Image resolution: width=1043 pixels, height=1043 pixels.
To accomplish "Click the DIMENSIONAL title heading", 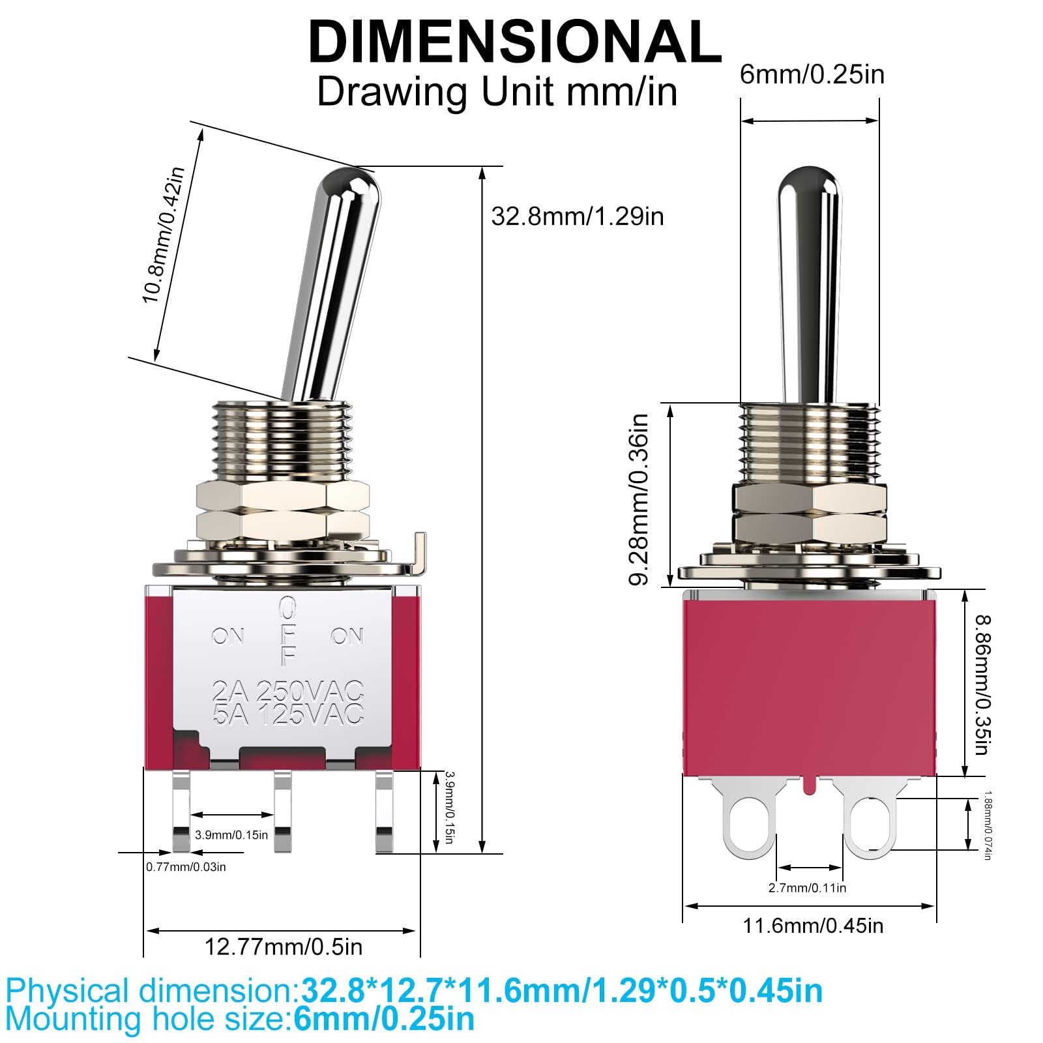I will tap(514, 42).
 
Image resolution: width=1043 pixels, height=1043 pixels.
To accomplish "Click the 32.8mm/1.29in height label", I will tap(577, 216).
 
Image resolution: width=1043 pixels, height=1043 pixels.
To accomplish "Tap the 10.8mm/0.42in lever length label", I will tap(164, 235).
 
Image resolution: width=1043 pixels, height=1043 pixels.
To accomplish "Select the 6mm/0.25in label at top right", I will tap(812, 74).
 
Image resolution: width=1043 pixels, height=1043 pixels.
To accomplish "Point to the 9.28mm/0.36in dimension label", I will tap(639, 499).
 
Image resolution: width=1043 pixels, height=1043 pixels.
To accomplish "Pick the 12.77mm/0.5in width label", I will tap(284, 947).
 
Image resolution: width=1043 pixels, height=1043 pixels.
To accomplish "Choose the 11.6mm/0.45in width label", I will tap(813, 925).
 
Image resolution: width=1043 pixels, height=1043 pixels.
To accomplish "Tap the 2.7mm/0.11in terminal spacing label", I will tap(807, 887).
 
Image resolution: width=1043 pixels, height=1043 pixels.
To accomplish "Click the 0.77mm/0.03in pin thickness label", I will tap(186, 867).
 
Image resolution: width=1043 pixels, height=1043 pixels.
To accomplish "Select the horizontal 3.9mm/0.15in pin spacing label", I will tap(231, 835).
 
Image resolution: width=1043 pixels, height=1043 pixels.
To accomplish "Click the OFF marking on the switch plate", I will tap(287, 632).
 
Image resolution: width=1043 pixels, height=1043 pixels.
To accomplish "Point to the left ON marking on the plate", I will tap(228, 636).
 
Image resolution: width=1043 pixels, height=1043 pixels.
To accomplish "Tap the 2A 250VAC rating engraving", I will tap(287, 690).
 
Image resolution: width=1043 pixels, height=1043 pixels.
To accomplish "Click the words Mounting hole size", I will tap(147, 1019).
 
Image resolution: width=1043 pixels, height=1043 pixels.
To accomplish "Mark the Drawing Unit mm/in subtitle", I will tap(497, 92).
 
